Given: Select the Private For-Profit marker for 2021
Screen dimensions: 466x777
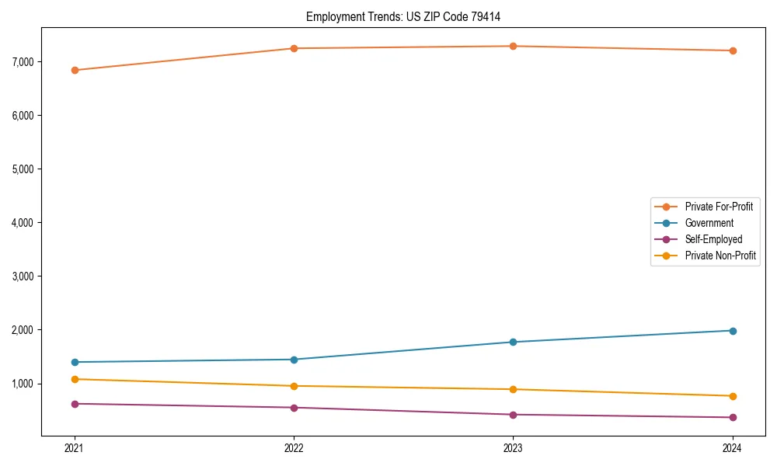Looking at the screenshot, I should pos(75,70).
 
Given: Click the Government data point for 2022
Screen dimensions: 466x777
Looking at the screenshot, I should pos(294,360).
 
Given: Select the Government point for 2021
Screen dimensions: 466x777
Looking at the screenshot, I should pos(75,362).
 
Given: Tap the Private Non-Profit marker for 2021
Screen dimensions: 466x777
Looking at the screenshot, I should pos(75,379).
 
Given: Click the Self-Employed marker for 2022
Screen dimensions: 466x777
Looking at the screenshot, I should pos(294,408).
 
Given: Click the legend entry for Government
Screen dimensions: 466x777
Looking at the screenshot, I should pos(709,223).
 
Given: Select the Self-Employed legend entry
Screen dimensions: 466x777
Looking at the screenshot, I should pos(713,239).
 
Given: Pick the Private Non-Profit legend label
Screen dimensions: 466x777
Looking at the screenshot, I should pos(720,256).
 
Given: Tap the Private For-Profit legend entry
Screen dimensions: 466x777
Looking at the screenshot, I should pos(719,207).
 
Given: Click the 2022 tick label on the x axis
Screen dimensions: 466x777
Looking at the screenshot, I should pos(294,447).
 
